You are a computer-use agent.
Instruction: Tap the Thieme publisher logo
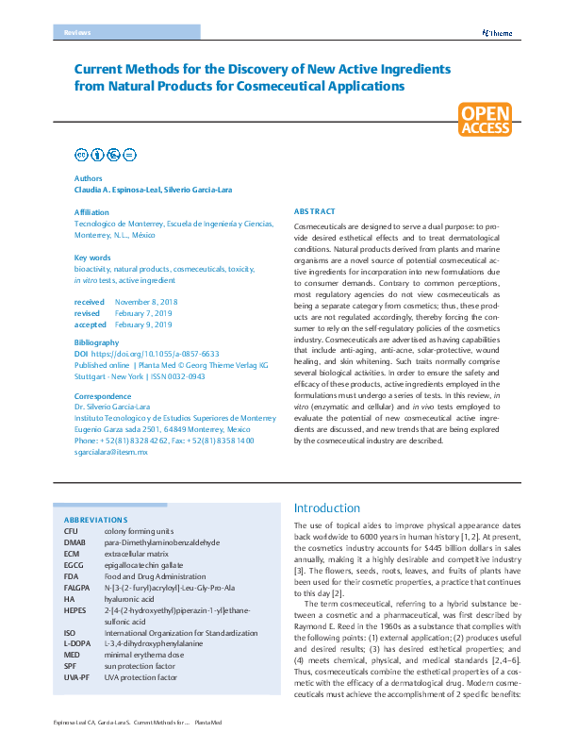point(496,33)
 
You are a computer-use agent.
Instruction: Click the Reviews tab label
point(78,33)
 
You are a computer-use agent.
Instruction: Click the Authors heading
point(89,177)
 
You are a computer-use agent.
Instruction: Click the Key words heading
point(92,258)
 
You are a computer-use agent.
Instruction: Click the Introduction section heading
point(326,508)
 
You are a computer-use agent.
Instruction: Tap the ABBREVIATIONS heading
point(95,520)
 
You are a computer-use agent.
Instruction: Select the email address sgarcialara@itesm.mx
point(110,452)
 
